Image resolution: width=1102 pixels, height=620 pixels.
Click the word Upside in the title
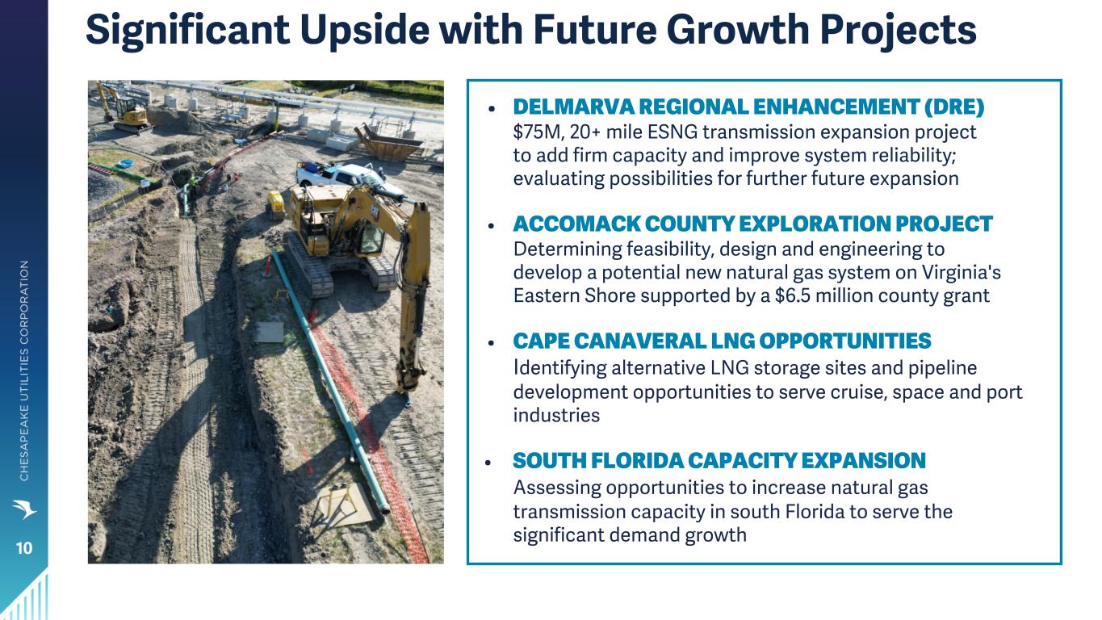(x=364, y=30)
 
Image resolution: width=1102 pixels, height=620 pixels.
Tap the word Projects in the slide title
(x=898, y=31)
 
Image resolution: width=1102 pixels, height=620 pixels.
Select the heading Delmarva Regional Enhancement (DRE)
(x=748, y=107)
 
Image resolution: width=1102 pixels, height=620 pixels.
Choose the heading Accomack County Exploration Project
(x=752, y=224)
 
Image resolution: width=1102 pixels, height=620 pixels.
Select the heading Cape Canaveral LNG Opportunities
(x=722, y=341)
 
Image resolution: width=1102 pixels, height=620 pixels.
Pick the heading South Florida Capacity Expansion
(x=719, y=461)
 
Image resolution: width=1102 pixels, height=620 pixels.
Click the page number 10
(x=24, y=548)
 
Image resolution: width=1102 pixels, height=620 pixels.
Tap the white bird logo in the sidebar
(x=24, y=509)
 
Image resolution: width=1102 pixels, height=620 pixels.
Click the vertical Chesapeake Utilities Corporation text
(x=24, y=371)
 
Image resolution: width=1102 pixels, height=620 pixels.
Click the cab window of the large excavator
(x=371, y=239)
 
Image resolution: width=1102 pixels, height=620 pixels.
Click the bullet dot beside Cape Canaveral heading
(x=491, y=342)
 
